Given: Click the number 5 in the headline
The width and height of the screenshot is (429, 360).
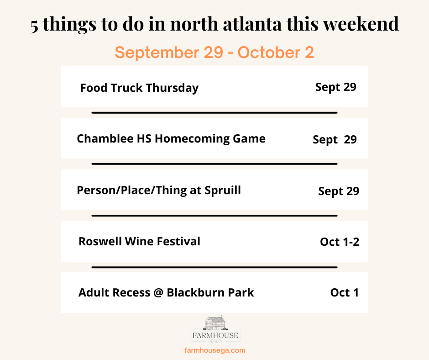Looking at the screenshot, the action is (x=34, y=26).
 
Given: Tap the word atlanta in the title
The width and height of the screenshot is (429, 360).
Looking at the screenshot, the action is (x=252, y=24).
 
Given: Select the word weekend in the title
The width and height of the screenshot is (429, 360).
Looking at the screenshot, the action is (x=361, y=24).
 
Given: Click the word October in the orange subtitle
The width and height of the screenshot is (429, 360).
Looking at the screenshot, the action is (x=269, y=53).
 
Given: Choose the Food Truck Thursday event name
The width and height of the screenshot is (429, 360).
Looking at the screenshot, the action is (x=139, y=88).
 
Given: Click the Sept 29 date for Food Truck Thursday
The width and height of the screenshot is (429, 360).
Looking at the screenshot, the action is (x=336, y=87).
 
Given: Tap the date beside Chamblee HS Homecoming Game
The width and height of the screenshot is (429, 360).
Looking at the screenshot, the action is (x=335, y=140).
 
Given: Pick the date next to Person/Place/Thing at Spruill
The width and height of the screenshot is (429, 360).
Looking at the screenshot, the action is (x=339, y=191).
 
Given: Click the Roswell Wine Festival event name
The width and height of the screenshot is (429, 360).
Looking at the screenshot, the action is (x=139, y=241).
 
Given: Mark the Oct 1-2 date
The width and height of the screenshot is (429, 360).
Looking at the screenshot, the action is (x=340, y=242).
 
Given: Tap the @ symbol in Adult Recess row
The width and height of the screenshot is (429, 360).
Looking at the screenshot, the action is (x=158, y=293).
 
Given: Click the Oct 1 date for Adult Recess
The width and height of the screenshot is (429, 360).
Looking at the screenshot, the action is (x=345, y=292).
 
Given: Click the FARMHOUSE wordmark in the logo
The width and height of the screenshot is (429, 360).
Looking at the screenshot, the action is (x=215, y=335).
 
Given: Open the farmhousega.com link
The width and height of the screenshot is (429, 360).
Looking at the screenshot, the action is (x=215, y=350).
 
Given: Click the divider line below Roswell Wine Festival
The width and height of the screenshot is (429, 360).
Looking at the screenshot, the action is (x=214, y=267).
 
